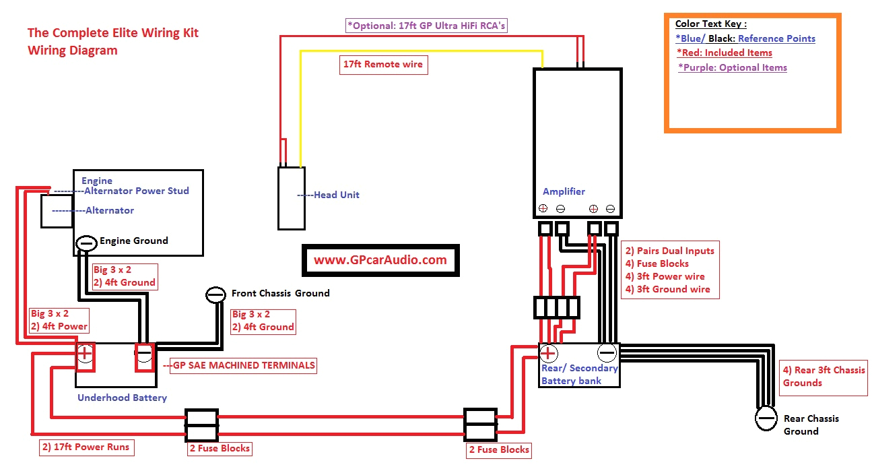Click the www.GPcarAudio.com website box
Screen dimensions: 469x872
[380, 260]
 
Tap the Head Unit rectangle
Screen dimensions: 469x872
[291, 197]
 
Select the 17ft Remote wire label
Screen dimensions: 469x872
[383, 65]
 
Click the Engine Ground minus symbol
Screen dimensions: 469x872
[86, 241]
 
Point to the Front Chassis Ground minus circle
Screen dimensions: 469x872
[215, 294]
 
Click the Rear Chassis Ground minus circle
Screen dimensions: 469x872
[766, 418]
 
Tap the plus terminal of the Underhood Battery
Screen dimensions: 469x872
[86, 354]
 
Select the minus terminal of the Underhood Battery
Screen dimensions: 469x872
[143, 354]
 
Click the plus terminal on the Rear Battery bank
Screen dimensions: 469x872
[549, 353]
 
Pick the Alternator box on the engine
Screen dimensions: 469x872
[57, 211]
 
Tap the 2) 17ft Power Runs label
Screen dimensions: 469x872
[85, 447]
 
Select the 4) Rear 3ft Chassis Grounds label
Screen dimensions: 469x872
[824, 376]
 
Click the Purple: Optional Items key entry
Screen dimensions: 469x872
[733, 67]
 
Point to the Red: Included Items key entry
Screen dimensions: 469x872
[725, 53]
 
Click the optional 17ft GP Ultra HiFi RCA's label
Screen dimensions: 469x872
[426, 26]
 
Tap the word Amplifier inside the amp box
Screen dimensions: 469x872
[564, 191]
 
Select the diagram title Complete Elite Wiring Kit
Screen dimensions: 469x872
[112, 32]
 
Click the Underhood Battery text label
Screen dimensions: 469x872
[122, 398]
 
